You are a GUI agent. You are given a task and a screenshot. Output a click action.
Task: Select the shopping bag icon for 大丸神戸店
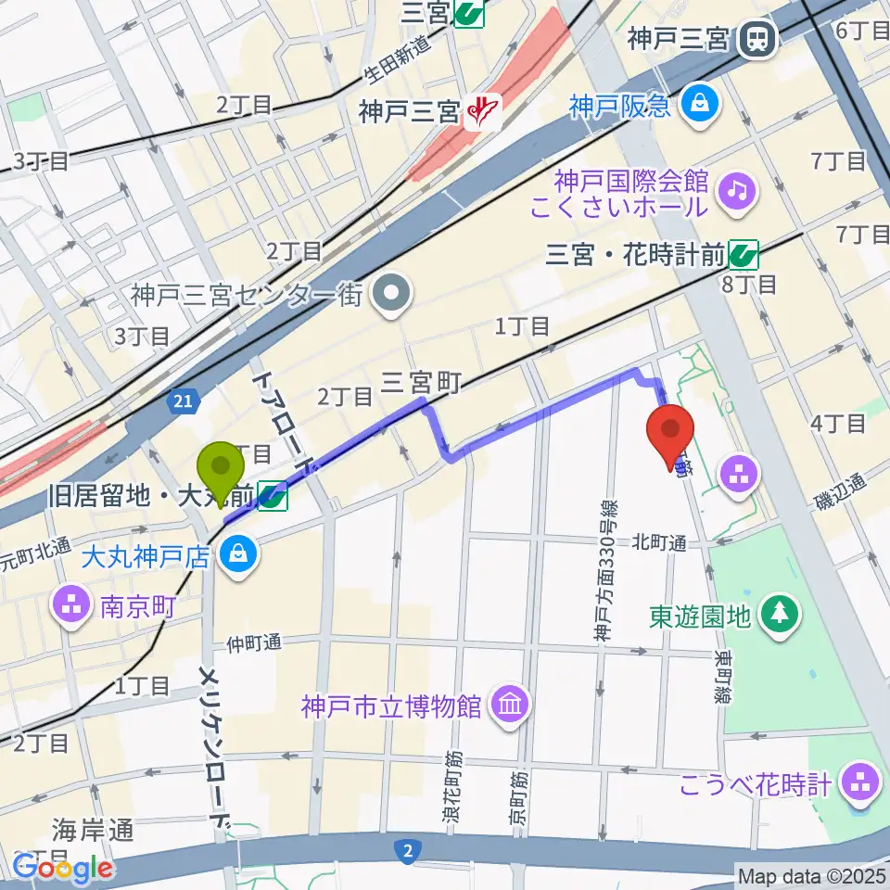(x=240, y=558)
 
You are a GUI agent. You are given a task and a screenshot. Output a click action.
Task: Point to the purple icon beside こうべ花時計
(x=861, y=784)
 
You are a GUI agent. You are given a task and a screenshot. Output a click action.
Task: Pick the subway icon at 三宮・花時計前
(x=743, y=253)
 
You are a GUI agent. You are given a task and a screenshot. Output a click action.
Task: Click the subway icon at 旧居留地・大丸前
(x=272, y=499)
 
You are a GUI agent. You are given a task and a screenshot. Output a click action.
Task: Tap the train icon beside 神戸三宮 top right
(x=757, y=38)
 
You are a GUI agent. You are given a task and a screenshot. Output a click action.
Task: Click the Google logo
(x=62, y=869)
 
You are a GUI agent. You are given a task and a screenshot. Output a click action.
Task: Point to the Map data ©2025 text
(x=810, y=875)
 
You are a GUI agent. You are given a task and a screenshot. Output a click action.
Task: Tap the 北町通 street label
(x=659, y=542)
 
